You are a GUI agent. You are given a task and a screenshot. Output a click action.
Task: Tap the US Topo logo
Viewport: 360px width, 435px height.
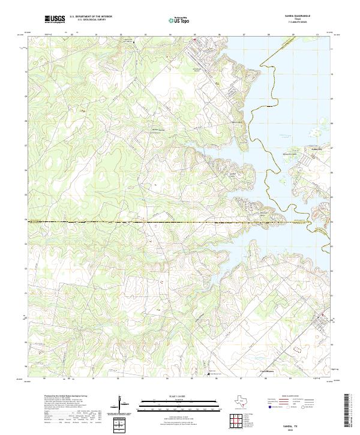coord(178,19)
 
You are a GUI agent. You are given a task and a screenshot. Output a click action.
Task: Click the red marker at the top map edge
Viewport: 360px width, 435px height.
coord(194,40)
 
